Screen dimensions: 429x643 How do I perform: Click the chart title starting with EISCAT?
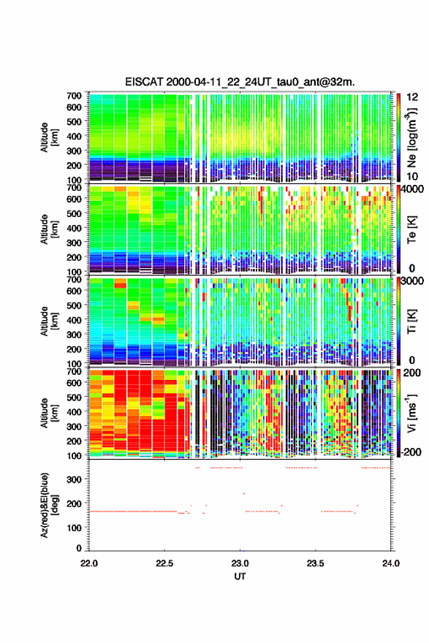[x=240, y=82]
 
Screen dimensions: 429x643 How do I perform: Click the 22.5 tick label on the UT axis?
[x=164, y=563]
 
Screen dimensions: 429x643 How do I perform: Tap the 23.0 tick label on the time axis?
[x=240, y=563]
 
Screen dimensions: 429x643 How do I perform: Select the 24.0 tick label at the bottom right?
[x=390, y=563]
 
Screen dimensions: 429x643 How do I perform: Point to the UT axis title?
[x=240, y=577]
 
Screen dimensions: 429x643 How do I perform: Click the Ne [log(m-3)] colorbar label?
[x=411, y=138]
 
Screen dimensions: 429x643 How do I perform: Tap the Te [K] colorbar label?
[x=411, y=230]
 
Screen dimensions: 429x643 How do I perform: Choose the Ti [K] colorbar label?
[x=411, y=321]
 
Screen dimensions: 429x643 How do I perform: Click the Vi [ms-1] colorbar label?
[x=411, y=414]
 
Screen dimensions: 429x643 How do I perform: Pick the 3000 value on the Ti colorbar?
[x=413, y=281]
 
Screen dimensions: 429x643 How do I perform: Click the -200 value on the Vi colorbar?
[x=411, y=452]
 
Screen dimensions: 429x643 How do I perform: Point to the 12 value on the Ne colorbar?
[x=412, y=97]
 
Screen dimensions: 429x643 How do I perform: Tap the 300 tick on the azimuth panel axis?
[x=75, y=479]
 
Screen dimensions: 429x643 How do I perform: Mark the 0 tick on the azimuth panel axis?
[x=79, y=548]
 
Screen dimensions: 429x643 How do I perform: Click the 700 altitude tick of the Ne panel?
[x=74, y=96]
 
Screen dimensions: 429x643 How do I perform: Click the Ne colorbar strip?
[x=398, y=137]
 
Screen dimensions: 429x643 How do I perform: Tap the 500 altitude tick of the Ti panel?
[x=74, y=305]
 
